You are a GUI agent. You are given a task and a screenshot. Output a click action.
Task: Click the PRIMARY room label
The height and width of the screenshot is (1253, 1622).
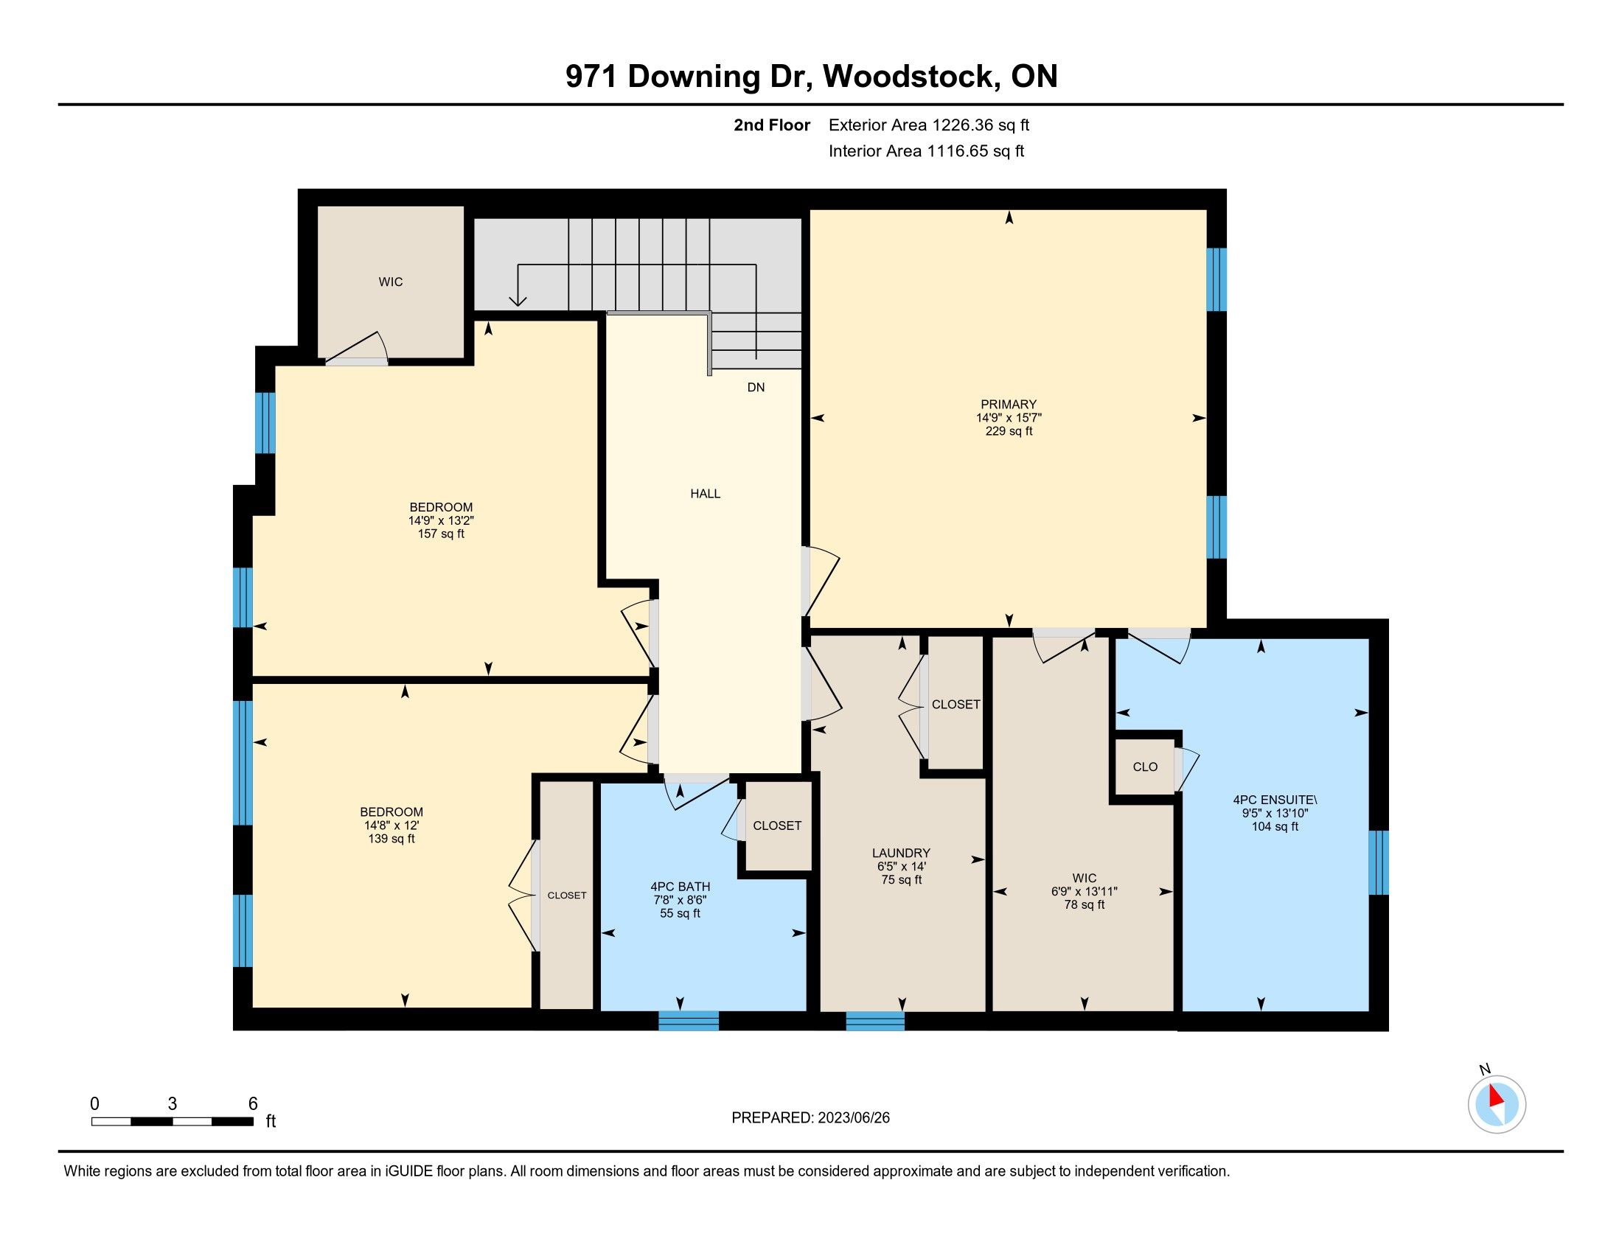coord(1008,405)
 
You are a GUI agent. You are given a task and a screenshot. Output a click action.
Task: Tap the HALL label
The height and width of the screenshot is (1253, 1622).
coord(705,494)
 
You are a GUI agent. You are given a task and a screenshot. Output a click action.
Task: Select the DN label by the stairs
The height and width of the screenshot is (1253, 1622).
coord(755,388)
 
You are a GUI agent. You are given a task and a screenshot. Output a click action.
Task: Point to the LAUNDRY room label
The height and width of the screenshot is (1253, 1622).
coord(902,854)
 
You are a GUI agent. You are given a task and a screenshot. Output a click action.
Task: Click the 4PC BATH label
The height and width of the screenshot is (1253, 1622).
coord(681,886)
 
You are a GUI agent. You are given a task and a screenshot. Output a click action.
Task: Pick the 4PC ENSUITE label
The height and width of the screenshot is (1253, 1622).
coord(1275,800)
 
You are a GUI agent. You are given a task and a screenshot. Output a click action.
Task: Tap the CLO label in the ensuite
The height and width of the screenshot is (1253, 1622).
coord(1145,767)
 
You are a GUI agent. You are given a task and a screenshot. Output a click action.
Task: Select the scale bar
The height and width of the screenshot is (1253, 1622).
coord(173,1121)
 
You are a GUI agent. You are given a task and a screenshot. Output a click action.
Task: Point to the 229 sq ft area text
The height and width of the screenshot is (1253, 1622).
coord(1008,431)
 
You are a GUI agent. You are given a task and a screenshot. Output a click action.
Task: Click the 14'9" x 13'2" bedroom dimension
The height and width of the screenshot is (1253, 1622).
coord(441,521)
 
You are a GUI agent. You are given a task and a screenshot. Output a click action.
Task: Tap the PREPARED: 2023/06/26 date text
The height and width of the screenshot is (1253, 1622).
coord(810,1118)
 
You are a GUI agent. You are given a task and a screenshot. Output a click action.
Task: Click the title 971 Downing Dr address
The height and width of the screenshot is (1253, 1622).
coord(812,77)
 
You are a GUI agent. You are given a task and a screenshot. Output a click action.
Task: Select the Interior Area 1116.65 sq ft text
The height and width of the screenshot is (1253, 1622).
coord(926,151)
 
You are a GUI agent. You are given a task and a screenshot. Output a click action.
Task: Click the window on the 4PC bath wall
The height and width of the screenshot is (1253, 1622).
coord(689,1021)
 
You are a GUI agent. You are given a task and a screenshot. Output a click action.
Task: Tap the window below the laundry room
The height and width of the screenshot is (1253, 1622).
coord(875,1021)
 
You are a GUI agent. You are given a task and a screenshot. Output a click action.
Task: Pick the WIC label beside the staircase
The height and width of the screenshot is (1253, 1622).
coord(391,282)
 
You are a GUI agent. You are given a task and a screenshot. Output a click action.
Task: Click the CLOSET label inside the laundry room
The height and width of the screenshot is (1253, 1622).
coord(956,705)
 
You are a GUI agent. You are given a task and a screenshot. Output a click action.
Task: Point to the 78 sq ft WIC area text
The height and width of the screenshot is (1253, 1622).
coord(1085,905)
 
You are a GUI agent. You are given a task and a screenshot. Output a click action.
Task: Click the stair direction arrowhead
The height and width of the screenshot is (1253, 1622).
coord(518,301)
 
